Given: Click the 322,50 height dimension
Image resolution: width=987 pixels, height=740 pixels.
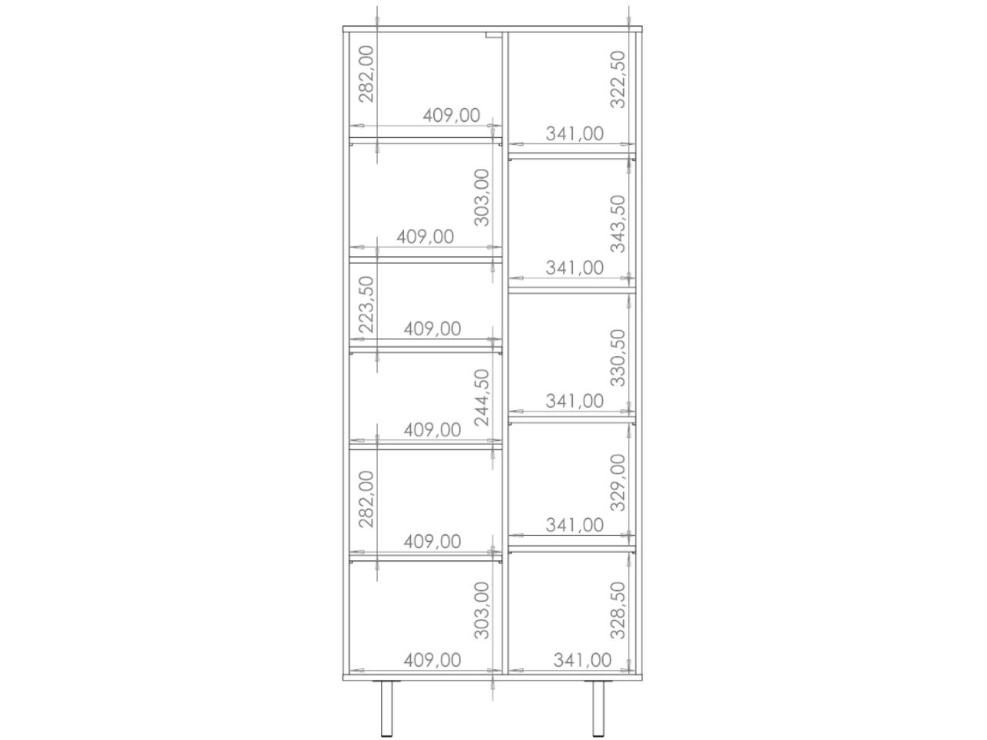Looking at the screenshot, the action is [x=618, y=79].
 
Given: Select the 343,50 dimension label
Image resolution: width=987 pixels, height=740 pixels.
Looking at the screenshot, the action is [x=618, y=224].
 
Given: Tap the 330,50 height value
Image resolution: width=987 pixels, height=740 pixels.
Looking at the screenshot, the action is [x=618, y=358].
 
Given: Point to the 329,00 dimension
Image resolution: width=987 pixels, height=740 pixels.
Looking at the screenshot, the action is [x=618, y=483].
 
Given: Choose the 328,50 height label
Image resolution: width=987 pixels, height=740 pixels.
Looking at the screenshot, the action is [x=618, y=610].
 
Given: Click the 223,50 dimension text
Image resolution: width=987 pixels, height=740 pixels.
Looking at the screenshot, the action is [x=366, y=304].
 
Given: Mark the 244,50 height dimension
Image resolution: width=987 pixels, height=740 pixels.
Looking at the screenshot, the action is [x=481, y=397].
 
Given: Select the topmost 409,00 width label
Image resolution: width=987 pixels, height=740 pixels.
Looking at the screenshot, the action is [x=451, y=116].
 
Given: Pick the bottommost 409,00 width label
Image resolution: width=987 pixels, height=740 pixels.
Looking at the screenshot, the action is [x=432, y=660].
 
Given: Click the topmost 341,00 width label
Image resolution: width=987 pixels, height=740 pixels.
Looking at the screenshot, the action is [x=574, y=133].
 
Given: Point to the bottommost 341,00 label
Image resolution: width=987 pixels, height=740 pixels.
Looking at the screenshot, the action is [x=582, y=660].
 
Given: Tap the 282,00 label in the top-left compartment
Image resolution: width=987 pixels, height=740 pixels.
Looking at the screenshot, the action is [x=366, y=74].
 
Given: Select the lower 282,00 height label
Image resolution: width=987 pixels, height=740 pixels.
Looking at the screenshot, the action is [x=366, y=499].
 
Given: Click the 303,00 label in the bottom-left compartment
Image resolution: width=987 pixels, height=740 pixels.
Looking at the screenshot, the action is [x=481, y=610].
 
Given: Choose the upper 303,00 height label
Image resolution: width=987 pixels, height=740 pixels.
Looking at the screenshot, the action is [x=481, y=197].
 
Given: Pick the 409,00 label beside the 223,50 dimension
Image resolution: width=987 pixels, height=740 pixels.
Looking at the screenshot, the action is [x=432, y=329].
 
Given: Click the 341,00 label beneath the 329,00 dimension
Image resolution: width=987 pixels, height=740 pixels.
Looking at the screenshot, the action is [x=574, y=525].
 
